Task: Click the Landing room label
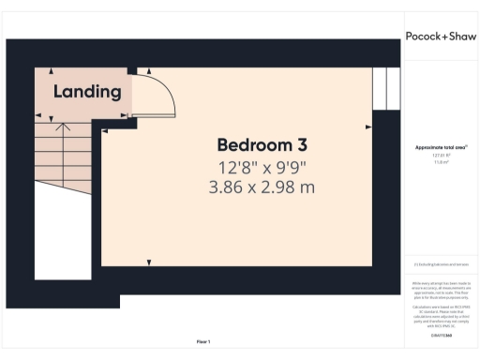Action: pos(87,92)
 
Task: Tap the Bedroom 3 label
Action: pos(262,145)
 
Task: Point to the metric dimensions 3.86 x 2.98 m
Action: pos(262,187)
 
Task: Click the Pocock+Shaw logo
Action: pos(441,37)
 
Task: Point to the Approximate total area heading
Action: pos(441,147)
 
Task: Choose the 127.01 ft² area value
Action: pos(441,157)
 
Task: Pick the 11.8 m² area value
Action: pos(441,162)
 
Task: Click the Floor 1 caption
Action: pos(203,341)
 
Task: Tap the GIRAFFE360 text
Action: pos(441,335)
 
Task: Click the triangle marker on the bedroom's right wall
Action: pos(368,126)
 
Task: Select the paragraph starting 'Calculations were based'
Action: pos(441,315)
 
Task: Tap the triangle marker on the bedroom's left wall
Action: pos(106,132)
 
